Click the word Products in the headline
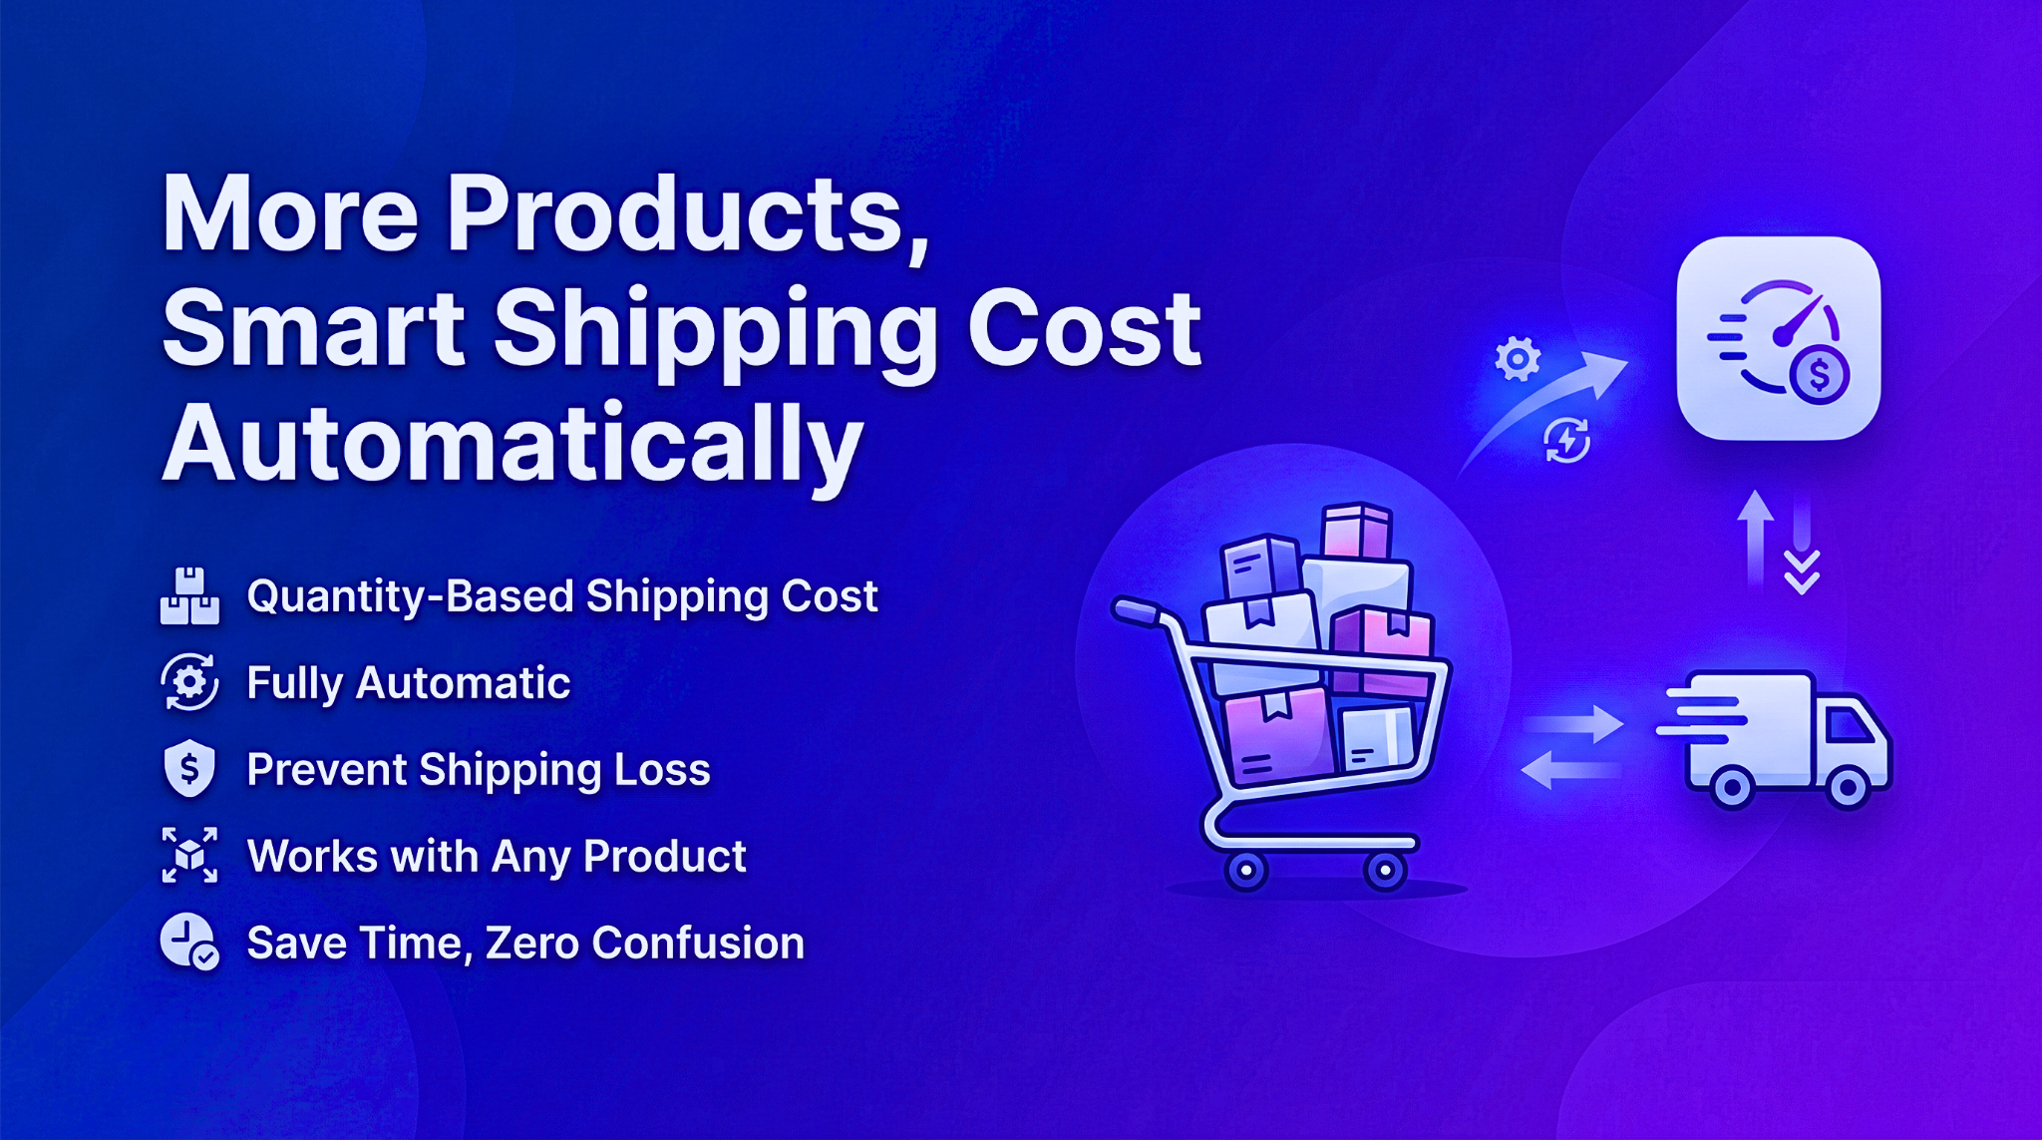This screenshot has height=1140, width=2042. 688,215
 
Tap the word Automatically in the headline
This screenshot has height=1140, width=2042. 512,445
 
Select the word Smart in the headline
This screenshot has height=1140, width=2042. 313,328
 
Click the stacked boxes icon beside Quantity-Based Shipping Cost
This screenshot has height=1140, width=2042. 189,596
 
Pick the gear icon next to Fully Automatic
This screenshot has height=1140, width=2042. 189,682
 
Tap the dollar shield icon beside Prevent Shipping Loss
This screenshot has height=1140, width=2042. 189,769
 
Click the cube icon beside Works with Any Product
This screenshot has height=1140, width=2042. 189,855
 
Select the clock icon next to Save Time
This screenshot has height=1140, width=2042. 189,942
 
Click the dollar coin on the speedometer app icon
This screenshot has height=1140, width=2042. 1820,376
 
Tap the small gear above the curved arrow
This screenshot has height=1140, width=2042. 1518,359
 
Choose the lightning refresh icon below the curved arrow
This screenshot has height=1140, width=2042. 1567,440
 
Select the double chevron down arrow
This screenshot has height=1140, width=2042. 1803,571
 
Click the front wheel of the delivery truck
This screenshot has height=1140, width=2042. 1848,789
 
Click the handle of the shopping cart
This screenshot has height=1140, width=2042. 1137,611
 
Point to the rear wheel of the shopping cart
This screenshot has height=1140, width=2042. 1245,871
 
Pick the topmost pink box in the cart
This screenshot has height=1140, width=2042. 1356,531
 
